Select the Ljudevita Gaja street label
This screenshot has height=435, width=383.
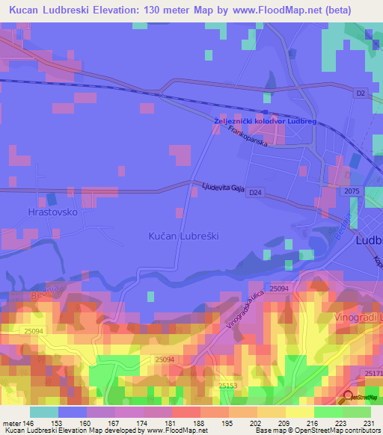(x=222, y=188)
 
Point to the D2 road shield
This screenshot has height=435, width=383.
(x=361, y=93)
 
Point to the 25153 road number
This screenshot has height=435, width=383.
(x=229, y=386)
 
